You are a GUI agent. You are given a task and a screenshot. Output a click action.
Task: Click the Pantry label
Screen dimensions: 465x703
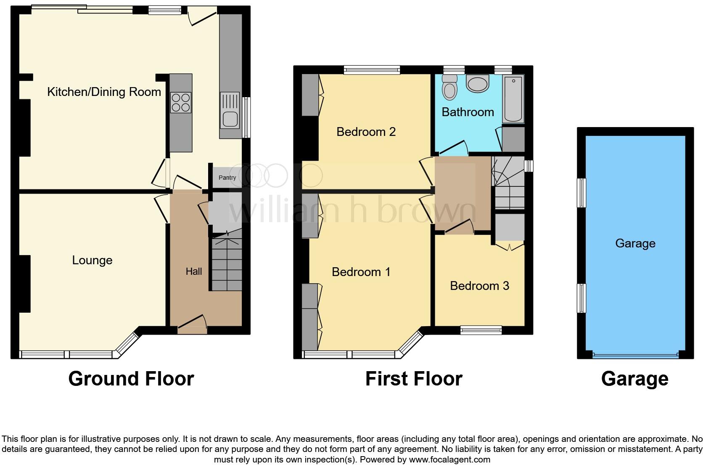click(227, 178)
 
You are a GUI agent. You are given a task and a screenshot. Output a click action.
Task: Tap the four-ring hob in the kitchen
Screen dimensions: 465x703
click(181, 103)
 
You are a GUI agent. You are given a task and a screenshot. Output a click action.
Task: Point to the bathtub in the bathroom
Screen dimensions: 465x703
click(513, 99)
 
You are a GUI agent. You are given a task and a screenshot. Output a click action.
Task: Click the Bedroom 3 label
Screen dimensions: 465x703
click(479, 286)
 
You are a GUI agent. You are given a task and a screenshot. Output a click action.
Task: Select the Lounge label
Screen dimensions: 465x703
click(92, 260)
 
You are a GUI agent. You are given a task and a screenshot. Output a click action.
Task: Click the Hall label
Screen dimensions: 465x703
click(194, 271)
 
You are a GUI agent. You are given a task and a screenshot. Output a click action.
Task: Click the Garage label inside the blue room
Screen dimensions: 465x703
click(635, 243)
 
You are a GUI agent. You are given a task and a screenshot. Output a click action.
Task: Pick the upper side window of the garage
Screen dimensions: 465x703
click(581, 193)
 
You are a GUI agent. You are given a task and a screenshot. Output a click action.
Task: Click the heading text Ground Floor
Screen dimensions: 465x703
click(131, 378)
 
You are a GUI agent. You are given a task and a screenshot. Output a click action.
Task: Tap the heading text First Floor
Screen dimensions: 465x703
click(414, 378)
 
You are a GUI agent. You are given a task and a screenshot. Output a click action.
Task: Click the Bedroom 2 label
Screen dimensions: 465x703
click(366, 132)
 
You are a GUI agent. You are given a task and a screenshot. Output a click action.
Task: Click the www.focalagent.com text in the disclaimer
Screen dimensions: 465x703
click(449, 459)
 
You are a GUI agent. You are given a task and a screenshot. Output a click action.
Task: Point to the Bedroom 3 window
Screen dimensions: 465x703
click(481, 330)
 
